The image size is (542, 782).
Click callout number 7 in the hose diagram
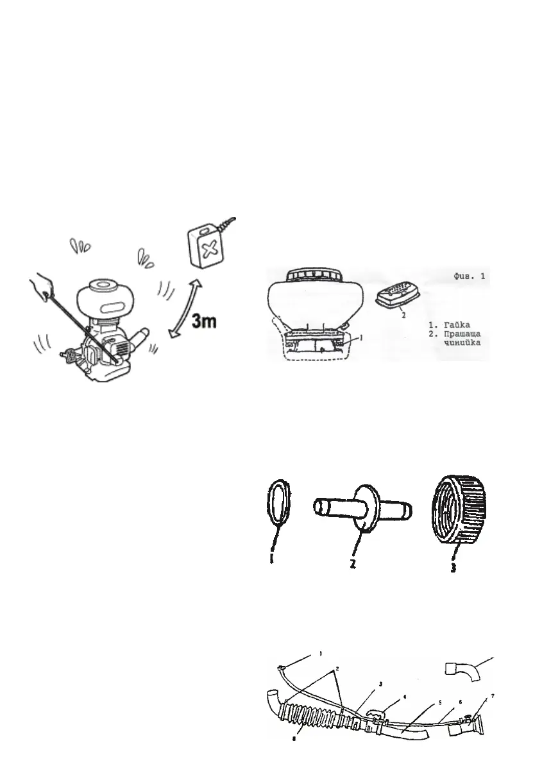492,695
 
